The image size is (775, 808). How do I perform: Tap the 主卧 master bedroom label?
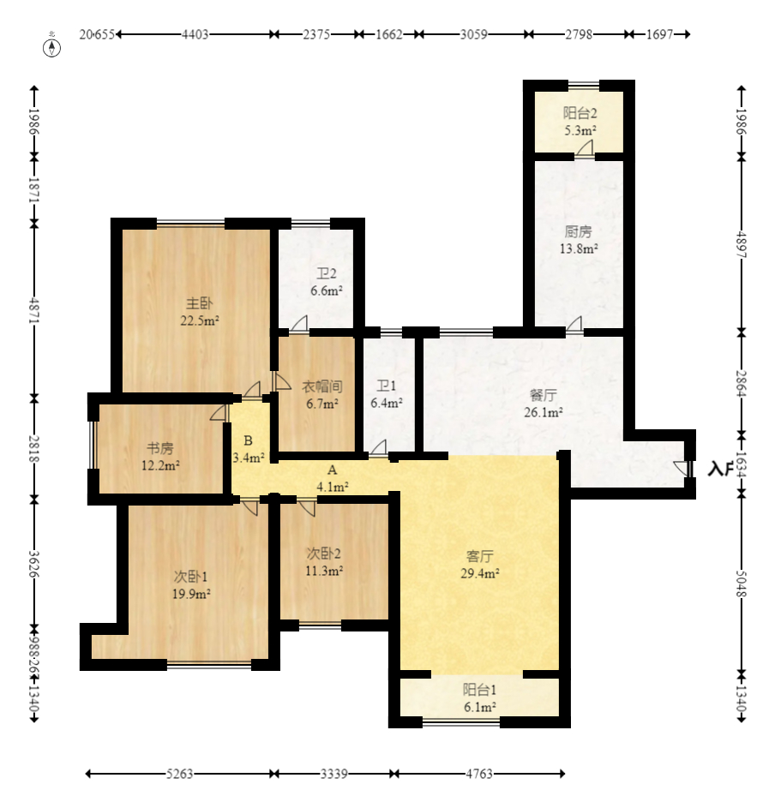[x=200, y=303]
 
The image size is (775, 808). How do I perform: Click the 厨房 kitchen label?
[x=578, y=231]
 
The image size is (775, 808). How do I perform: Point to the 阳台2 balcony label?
[x=580, y=113]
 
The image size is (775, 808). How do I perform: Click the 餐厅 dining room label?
[x=544, y=395]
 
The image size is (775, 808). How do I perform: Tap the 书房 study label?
[x=160, y=448]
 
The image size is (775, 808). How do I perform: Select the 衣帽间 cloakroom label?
[x=321, y=386]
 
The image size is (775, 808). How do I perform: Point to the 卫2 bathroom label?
[x=326, y=274]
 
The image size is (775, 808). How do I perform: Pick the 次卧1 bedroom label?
[x=190, y=576]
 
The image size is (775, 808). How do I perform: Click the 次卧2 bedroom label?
[x=325, y=553]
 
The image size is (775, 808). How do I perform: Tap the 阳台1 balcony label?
[x=480, y=690]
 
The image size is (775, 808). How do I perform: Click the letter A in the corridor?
[x=333, y=470]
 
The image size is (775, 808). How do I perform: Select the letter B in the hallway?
[x=248, y=441]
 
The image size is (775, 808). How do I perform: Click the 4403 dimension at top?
[x=195, y=35]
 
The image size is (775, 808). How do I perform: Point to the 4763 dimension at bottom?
[x=479, y=775]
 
